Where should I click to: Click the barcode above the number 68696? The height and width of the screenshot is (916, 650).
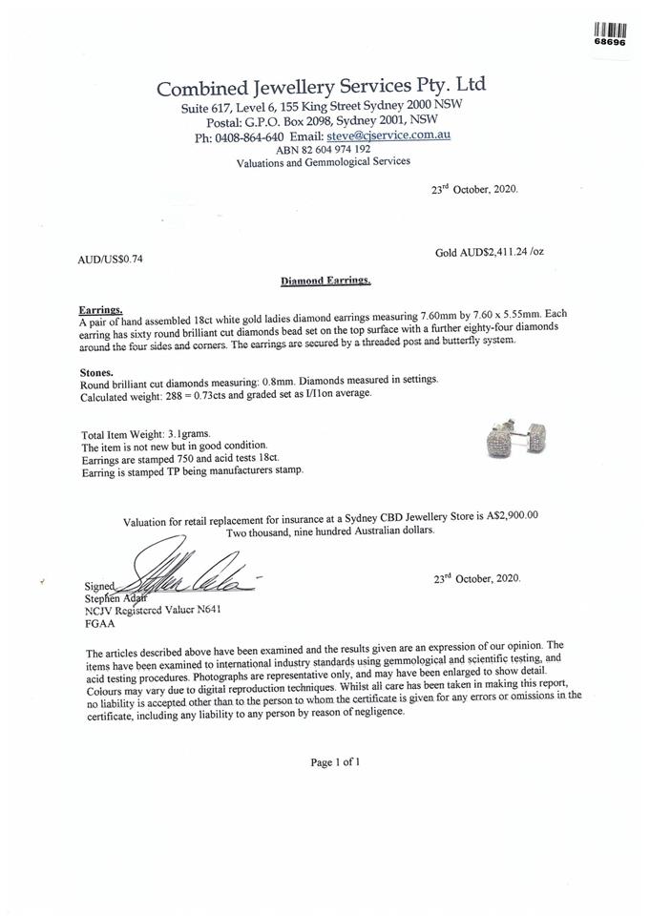[x=610, y=29]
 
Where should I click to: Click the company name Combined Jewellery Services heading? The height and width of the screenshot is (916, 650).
[x=321, y=87]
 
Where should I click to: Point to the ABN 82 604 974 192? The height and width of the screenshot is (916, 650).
[x=323, y=150]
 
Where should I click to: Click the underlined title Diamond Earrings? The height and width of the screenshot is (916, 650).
[x=325, y=281]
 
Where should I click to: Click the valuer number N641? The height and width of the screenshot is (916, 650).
[x=209, y=608]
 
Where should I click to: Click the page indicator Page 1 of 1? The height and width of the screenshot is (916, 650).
[x=334, y=762]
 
